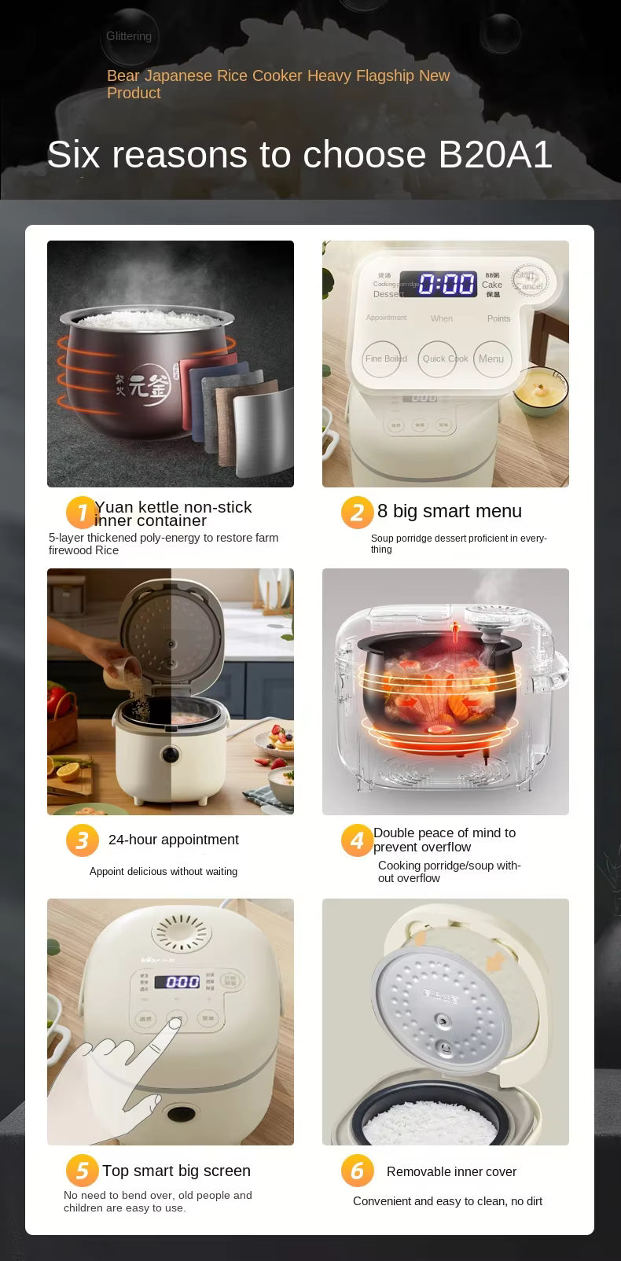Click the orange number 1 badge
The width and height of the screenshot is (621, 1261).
[x=81, y=513]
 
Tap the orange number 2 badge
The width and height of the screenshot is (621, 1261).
[x=356, y=513]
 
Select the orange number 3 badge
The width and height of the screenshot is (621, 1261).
[x=82, y=840]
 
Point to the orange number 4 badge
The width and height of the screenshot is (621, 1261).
[x=356, y=840]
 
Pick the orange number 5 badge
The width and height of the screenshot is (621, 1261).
[x=82, y=1171]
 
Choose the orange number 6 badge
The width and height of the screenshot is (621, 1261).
[x=356, y=1171]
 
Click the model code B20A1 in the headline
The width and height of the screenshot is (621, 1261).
[x=495, y=155]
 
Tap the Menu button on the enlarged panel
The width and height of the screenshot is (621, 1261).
[x=491, y=359]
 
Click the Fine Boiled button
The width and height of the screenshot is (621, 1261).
[x=385, y=359]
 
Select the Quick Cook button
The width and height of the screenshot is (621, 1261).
[x=445, y=359]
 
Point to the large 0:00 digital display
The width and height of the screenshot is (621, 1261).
[x=446, y=284]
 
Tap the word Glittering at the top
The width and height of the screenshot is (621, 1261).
[x=129, y=36]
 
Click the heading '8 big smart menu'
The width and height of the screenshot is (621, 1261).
[x=449, y=511]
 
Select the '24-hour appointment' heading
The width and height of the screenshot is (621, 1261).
[x=173, y=840]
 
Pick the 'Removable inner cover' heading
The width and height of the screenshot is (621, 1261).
[x=451, y=1171]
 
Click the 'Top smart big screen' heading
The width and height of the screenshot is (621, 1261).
[x=176, y=1171]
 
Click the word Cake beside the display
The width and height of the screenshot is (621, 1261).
[x=492, y=285]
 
